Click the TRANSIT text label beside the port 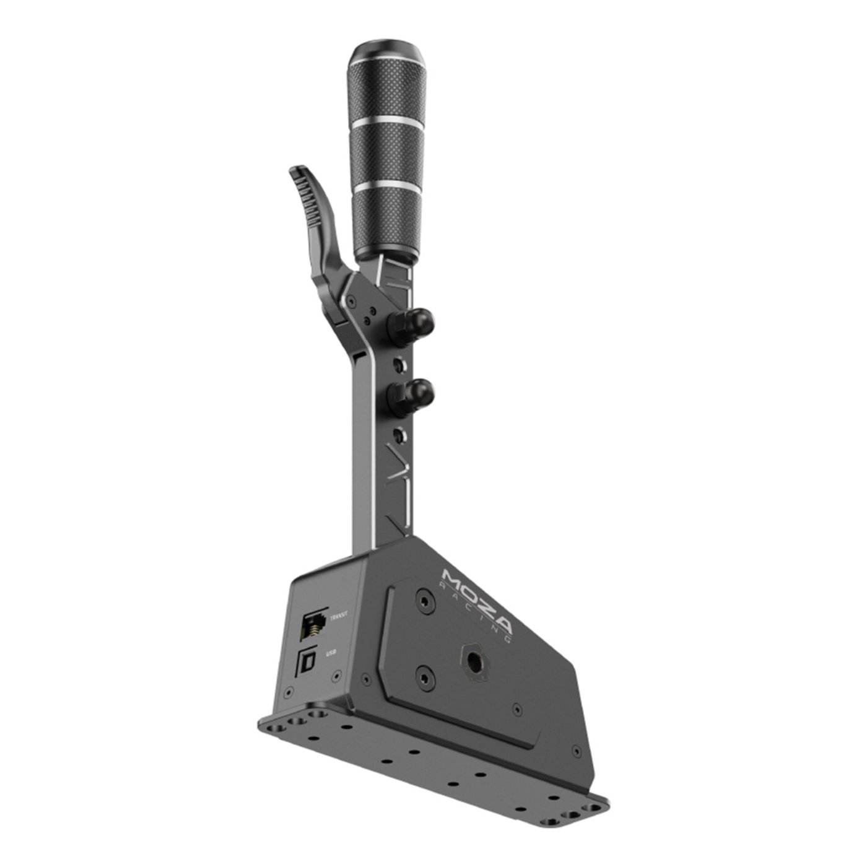click(339, 616)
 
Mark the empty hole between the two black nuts click(403, 358)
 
